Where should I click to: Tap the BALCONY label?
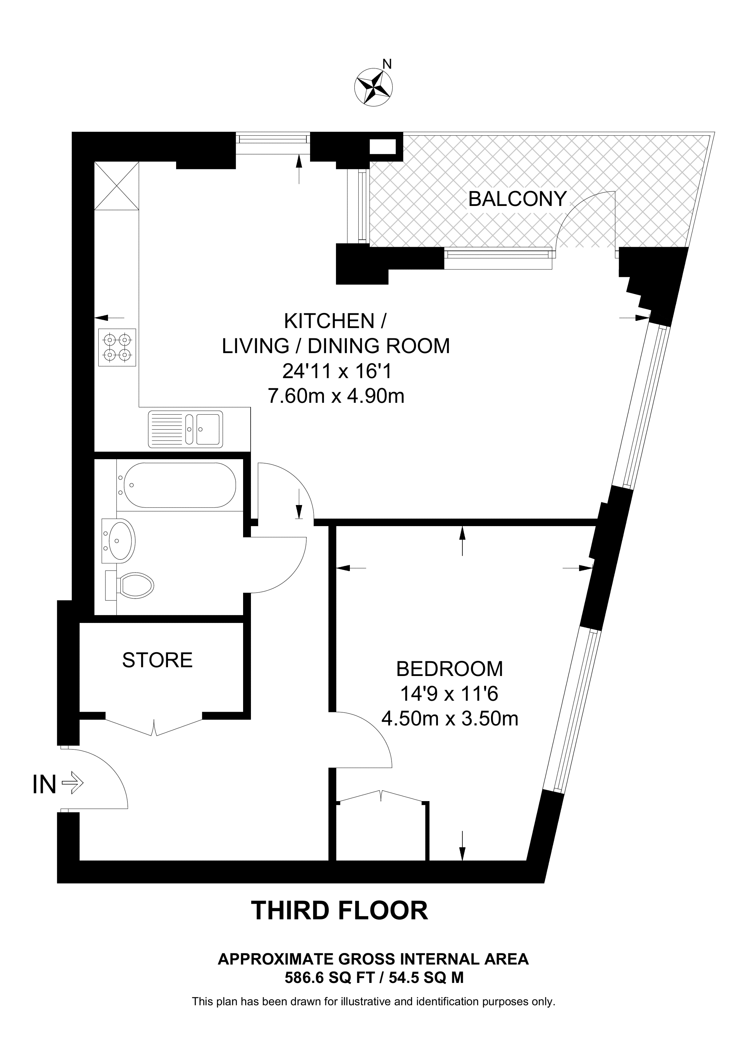pos(517,199)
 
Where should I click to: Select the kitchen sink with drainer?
pos(185,429)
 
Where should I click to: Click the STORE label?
pos(157,660)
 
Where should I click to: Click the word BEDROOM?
pos(449,669)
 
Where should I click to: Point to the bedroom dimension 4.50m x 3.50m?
pos(450,718)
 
